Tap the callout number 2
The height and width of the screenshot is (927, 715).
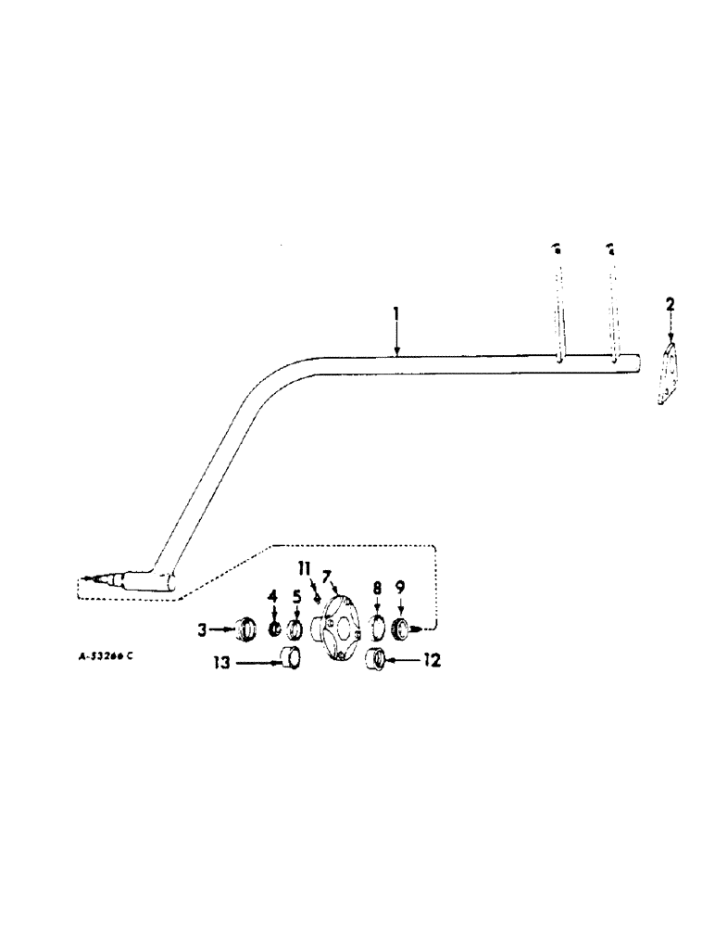tap(671, 305)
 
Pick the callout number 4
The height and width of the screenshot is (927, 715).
tap(274, 594)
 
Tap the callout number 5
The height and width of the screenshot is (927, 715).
tap(296, 594)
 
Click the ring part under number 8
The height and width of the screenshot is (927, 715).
tap(378, 627)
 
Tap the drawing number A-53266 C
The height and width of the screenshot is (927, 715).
tap(105, 655)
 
